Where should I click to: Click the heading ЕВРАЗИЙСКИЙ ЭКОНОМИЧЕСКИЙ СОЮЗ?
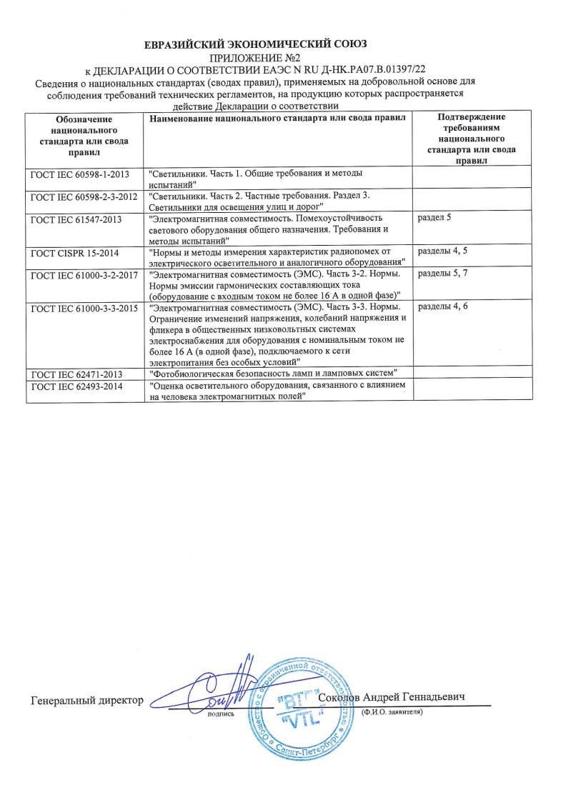pyautogui.click(x=255, y=44)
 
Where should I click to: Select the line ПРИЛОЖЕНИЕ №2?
pyautogui.click(x=255, y=58)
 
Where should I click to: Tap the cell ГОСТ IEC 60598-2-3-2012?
pyautogui.click(x=84, y=196)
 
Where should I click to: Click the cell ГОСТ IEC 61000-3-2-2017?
pyautogui.click(x=84, y=275)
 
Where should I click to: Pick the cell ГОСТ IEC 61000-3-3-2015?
pyautogui.click(x=84, y=309)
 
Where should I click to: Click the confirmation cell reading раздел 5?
pyautogui.click(x=434, y=217)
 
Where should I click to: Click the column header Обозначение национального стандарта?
pyautogui.click(x=84, y=134)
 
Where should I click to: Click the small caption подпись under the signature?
pyautogui.click(x=220, y=712)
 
